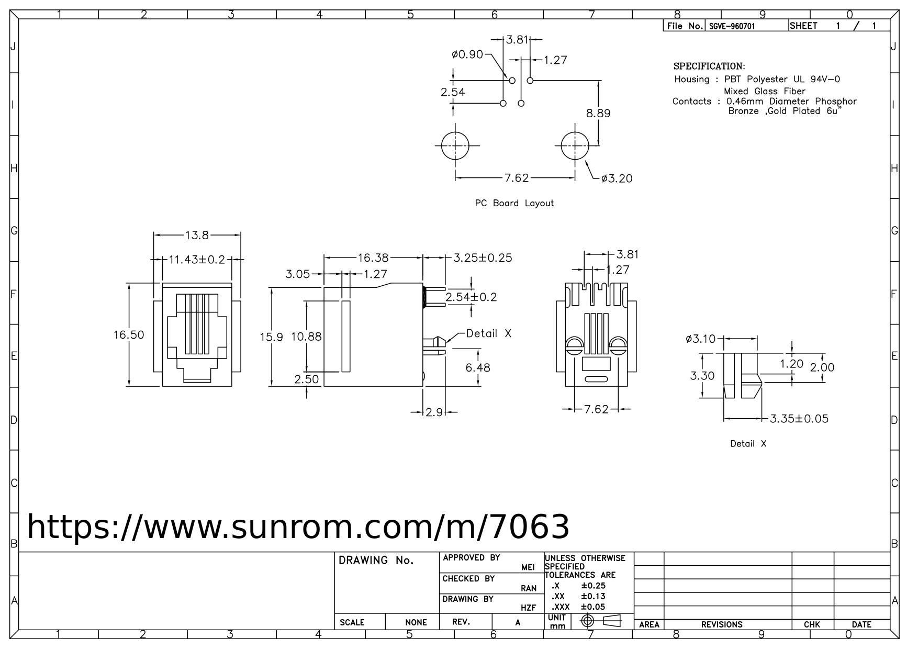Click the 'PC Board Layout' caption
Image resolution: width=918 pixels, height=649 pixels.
pos(514,203)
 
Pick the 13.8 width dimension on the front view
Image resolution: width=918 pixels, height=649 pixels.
pos(197,236)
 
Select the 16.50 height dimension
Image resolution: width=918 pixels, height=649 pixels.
pos(129,334)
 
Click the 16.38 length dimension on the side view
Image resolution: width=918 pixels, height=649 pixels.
pos(373,258)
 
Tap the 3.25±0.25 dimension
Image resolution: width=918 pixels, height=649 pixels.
pos(483,258)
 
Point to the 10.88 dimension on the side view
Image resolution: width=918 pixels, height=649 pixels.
pos(306,337)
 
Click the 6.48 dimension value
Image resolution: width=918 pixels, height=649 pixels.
pos(478,367)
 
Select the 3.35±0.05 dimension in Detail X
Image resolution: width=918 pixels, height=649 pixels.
pos(799,419)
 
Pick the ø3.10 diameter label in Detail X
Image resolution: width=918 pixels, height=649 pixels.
pos(700,339)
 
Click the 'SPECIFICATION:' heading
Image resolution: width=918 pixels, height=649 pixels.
pos(709,66)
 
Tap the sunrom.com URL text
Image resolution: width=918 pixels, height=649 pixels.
pos(298,527)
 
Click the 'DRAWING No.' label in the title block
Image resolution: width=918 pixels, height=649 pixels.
pos(376,561)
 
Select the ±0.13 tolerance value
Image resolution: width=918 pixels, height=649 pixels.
pos(593,596)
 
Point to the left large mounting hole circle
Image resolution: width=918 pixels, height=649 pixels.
pos(455,146)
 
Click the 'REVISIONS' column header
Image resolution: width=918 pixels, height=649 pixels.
pos(722,624)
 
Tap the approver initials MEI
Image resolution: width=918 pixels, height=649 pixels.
pos(528,567)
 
